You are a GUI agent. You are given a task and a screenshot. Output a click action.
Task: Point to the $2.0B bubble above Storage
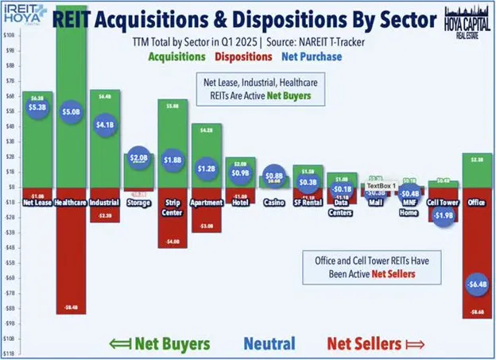tap(138, 158)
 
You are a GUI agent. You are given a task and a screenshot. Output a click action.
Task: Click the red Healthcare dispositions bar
tap(71, 254)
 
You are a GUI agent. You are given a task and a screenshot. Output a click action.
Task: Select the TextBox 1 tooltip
tap(380, 186)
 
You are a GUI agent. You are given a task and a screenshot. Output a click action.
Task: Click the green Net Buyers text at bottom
tap(161, 344)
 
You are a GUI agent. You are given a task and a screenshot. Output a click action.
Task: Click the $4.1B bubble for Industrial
tap(104, 125)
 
